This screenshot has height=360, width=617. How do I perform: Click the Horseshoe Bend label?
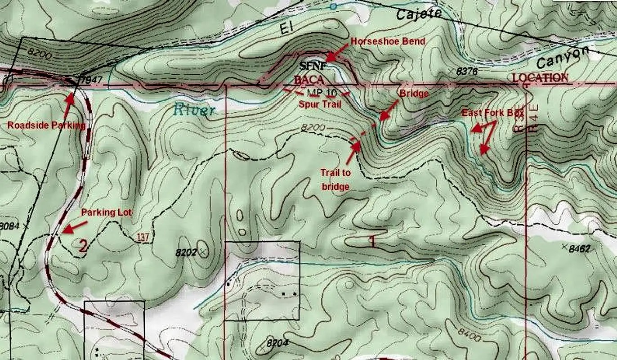[x=388, y=41]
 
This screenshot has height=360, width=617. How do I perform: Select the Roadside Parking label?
[x=46, y=126]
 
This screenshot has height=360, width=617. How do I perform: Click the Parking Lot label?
[x=107, y=212]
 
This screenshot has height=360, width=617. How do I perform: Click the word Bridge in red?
[x=414, y=94]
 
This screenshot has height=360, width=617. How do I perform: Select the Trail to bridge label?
[x=335, y=179]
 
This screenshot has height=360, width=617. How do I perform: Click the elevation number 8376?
[x=466, y=71]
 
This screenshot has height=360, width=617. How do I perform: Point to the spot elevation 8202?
[x=186, y=252]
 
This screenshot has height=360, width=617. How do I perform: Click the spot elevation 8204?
[x=277, y=343]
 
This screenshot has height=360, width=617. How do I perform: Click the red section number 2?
[x=83, y=246]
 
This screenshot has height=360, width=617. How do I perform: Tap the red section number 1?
[x=372, y=242]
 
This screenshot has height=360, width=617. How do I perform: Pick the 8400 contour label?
[x=469, y=335]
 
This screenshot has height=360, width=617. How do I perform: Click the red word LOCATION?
[x=540, y=77]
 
